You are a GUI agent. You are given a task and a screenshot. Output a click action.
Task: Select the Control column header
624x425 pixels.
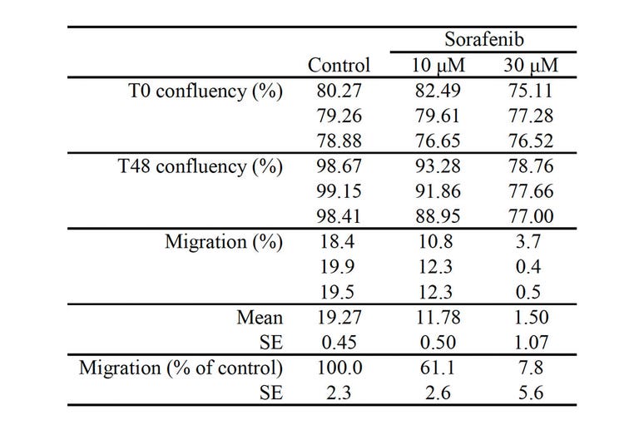[339, 65]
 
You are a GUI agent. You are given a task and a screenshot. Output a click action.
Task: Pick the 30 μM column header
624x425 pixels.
[529, 65]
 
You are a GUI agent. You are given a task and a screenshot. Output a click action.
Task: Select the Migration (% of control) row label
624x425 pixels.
[181, 367]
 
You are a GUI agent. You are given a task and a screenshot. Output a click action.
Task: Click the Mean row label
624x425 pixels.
[260, 317]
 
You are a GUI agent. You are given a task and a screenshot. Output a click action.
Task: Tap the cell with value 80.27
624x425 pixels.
[339, 91]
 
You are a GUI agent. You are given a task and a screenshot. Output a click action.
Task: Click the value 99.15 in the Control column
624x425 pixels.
[339, 191]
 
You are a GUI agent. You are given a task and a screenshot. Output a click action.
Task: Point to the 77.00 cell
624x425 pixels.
[529, 216]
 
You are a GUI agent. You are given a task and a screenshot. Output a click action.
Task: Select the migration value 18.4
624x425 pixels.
[339, 242]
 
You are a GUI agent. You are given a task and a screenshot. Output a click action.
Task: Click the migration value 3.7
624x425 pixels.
[529, 242]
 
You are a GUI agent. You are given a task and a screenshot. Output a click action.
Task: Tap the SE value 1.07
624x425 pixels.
[529, 342]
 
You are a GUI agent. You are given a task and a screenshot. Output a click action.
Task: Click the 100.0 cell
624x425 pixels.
[339, 367]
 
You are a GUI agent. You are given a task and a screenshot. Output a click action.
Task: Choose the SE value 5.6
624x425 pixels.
[529, 392]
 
